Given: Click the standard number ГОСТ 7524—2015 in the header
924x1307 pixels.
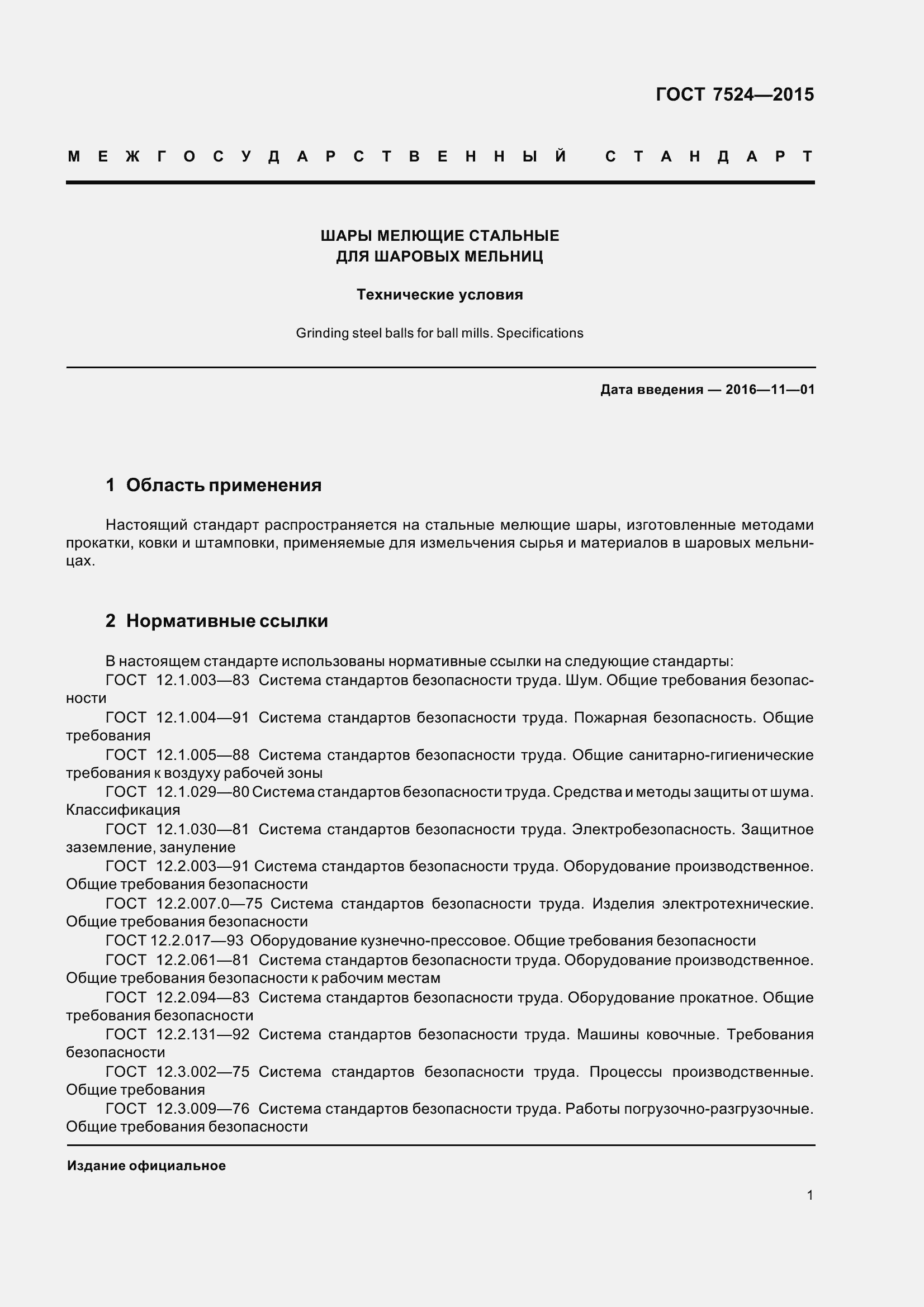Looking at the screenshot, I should [735, 94].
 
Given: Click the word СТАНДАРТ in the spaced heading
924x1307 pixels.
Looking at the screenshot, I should [709, 156].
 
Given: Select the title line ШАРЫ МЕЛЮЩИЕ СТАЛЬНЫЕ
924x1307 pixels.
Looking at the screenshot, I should [439, 236].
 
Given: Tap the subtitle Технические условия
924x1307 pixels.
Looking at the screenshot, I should [439, 295].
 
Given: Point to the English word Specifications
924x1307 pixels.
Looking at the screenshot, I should [540, 333].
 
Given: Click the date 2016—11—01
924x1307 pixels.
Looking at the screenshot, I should [770, 390].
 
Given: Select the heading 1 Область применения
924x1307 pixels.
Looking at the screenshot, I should [214, 485].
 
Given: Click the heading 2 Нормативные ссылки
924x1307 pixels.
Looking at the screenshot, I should [216, 621].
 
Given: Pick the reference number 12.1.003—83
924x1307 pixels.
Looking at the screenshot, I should [203, 680].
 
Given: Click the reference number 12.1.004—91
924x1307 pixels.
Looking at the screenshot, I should [203, 717].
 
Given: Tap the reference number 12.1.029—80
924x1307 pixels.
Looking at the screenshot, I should [203, 792].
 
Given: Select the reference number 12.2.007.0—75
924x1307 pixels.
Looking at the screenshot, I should [209, 904].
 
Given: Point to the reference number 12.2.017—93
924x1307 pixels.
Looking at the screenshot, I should [197, 940].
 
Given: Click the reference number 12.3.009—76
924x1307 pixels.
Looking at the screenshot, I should [203, 1108].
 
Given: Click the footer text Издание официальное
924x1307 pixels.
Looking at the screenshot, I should [146, 1166].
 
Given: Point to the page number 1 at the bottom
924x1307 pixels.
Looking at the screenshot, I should [809, 1195].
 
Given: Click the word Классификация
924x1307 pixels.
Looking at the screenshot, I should [123, 810].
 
